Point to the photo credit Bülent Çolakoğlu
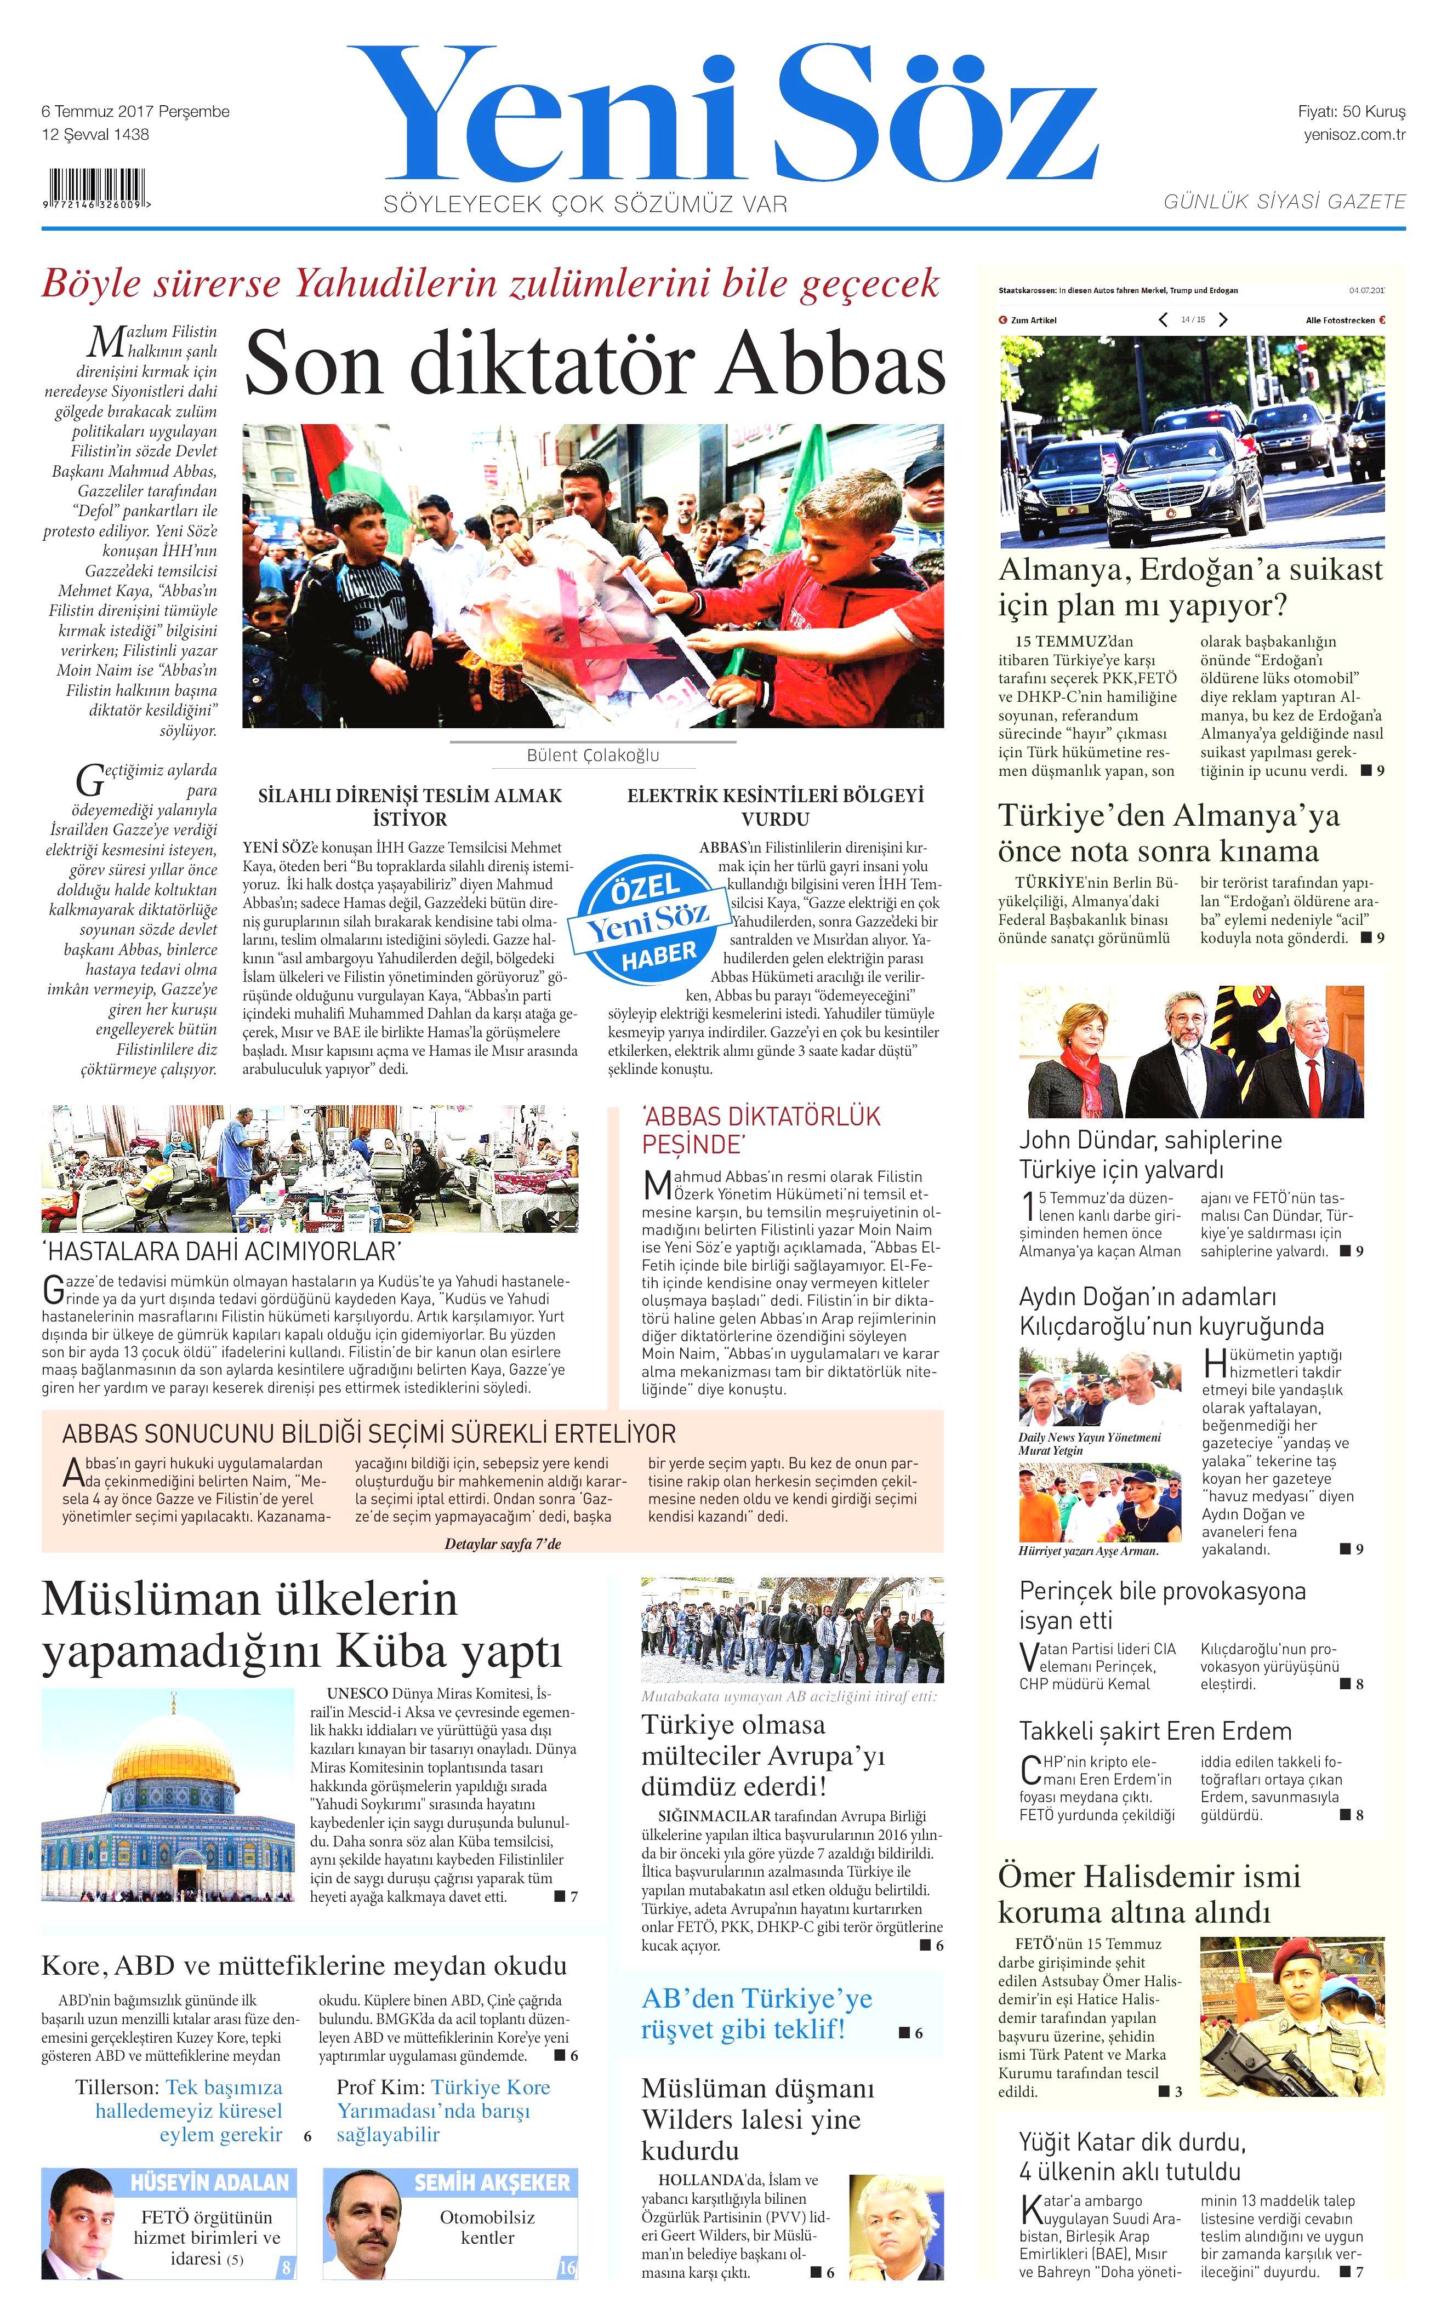(593, 755)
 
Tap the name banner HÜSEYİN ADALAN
(209, 2182)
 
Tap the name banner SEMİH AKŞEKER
(491, 2182)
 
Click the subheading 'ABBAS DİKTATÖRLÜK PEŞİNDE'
(761, 1130)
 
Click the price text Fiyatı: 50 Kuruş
(1351, 111)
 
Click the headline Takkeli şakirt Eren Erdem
(1155, 1731)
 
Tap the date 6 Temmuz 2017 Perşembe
(135, 111)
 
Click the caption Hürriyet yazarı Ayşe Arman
(1088, 1551)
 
